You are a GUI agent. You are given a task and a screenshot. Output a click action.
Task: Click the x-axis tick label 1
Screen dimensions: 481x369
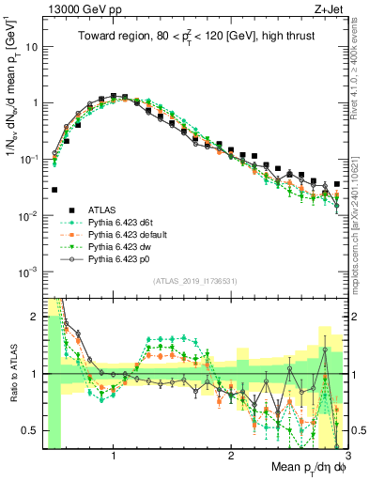coord(114,456)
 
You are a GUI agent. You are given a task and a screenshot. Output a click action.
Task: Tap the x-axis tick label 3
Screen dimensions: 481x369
coord(346,456)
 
